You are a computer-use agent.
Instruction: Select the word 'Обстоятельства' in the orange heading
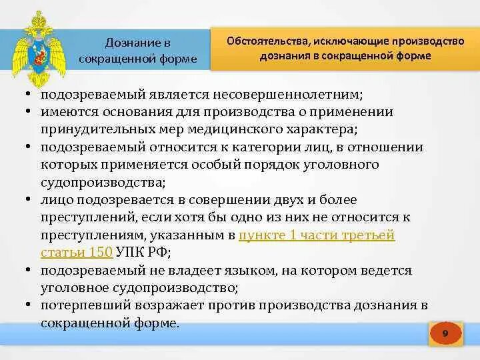click(x=265, y=41)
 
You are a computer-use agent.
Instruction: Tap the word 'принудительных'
click(x=84, y=130)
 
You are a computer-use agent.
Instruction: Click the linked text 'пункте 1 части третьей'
click(x=317, y=235)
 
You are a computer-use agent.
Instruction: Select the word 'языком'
click(x=247, y=270)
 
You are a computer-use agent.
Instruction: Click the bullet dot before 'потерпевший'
click(x=30, y=305)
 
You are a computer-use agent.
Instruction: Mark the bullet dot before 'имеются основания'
click(x=30, y=112)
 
